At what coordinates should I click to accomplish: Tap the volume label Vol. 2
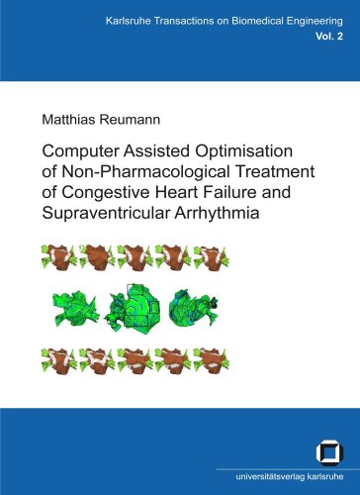pyautogui.click(x=329, y=37)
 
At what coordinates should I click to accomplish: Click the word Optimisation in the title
pyautogui.click(x=244, y=151)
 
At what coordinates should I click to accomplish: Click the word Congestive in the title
pyautogui.click(x=106, y=193)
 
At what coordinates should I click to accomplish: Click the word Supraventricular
pyautogui.click(x=106, y=213)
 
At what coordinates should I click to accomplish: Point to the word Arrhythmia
pyautogui.click(x=217, y=214)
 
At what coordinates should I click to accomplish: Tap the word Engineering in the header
pyautogui.click(x=315, y=22)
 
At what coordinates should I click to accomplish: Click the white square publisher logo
pyautogui.click(x=329, y=452)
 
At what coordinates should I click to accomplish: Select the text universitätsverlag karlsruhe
pyautogui.click(x=290, y=476)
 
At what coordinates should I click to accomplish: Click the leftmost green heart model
pyautogui.click(x=76, y=309)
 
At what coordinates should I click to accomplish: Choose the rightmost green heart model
pyautogui.click(x=194, y=308)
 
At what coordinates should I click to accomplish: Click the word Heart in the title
pyautogui.click(x=177, y=192)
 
